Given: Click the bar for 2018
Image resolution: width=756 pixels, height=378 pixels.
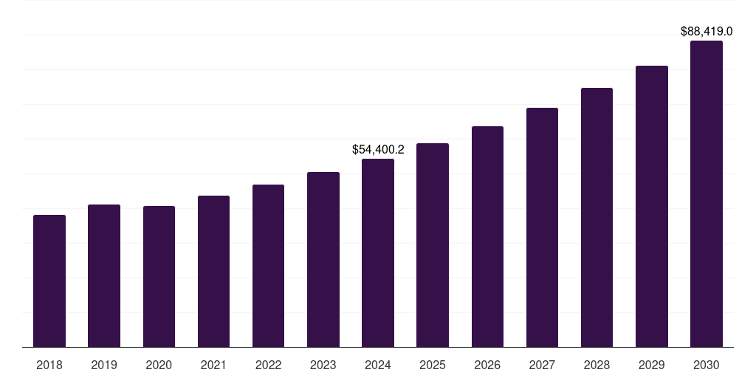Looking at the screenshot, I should (49, 281).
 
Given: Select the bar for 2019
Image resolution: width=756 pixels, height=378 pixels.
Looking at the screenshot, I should (104, 275).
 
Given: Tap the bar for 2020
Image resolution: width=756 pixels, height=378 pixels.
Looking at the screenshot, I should (159, 276).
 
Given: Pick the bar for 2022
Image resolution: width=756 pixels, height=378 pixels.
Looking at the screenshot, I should (268, 266).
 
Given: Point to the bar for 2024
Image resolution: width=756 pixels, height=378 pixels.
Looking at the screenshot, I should (378, 252).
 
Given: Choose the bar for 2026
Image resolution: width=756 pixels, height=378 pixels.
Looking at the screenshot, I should (487, 236).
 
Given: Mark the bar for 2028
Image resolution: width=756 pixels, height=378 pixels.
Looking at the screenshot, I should (597, 217).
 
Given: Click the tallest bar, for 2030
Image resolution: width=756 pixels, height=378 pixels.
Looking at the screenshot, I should (707, 193).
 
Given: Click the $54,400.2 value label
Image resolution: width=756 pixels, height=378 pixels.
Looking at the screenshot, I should (378, 149).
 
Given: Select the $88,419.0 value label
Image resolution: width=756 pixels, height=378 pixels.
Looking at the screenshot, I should (707, 32).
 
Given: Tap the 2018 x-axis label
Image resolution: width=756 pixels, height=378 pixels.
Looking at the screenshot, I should (49, 365).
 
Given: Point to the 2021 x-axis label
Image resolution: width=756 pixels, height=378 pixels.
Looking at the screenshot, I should (213, 365).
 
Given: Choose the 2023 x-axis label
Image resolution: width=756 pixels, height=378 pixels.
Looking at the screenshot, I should (323, 365).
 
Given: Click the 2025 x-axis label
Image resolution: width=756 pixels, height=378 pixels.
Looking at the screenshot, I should (433, 365).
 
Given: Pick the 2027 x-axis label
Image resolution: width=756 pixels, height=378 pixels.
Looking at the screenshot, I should (542, 365).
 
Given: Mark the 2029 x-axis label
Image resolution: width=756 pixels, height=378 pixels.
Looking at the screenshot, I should (652, 365).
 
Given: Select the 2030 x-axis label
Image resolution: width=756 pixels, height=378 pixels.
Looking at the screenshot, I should (707, 365).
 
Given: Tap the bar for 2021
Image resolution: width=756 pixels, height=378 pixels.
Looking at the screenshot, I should (213, 271).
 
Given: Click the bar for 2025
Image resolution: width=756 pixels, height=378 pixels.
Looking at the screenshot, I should (433, 245).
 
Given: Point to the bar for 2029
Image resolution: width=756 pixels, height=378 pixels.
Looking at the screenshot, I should (652, 206).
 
